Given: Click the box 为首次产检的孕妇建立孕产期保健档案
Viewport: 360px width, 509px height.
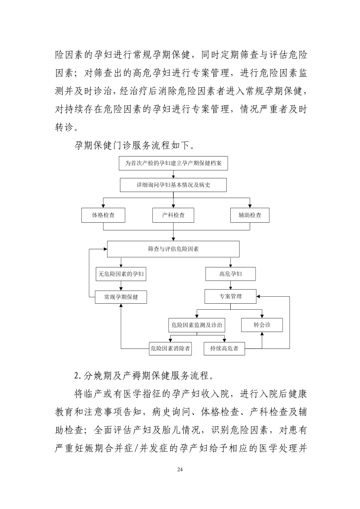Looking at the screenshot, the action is pyautogui.click(x=173, y=163).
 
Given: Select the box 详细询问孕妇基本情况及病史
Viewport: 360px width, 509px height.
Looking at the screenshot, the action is pyautogui.click(x=173, y=185).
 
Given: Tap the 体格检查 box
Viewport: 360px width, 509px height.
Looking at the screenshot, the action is pyautogui.click(x=103, y=215).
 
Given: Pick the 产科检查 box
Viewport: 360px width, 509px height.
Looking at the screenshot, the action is pyautogui.click(x=173, y=215).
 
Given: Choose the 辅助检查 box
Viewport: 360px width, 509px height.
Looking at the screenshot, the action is pyautogui.click(x=250, y=215).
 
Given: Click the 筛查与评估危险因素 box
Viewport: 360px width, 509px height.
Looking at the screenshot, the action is pyautogui.click(x=173, y=249).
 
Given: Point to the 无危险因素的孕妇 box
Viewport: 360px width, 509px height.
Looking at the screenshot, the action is pyautogui.click(x=121, y=274).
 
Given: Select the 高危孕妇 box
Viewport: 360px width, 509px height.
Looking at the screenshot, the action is pyautogui.click(x=230, y=274).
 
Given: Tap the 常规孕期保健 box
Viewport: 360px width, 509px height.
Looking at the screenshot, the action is pyautogui.click(x=121, y=297).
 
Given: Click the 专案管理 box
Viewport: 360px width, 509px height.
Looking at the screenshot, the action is pyautogui.click(x=230, y=296).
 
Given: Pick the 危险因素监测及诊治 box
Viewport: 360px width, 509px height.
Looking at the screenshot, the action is pyautogui.click(x=197, y=325).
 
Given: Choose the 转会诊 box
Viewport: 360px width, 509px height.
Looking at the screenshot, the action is pyautogui.click(x=262, y=325).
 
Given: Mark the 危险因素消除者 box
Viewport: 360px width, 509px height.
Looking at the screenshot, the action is pyautogui.click(x=170, y=348).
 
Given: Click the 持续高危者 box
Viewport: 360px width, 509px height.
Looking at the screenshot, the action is pyautogui.click(x=224, y=348).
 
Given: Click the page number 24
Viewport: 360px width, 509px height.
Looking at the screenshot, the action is pyautogui.click(x=180, y=469).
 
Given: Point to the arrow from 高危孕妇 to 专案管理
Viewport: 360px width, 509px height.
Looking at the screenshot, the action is pyautogui.click(x=231, y=285).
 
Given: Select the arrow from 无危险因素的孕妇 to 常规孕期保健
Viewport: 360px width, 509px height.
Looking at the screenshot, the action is pyautogui.click(x=121, y=285).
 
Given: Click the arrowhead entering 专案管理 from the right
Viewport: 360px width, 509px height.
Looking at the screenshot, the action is pyautogui.click(x=258, y=296).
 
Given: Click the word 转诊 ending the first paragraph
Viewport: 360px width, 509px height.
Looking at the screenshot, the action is pyautogui.click(x=64, y=127).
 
